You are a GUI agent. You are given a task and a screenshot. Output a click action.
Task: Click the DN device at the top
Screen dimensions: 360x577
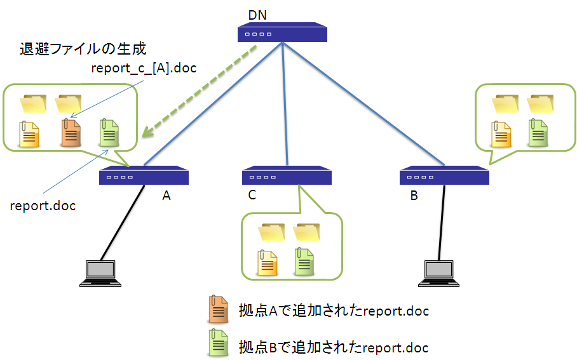point(282,34)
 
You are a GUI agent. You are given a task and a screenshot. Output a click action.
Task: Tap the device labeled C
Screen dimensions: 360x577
point(287,176)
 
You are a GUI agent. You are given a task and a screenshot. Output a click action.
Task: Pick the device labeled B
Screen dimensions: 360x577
point(444,176)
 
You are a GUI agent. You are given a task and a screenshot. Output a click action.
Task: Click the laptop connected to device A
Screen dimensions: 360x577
point(100,273)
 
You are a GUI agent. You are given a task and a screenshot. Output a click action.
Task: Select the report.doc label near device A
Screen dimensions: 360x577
point(43,206)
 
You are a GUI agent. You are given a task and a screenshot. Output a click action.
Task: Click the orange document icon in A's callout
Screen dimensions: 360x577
point(70,133)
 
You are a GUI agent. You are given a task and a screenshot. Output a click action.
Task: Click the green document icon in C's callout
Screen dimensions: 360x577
point(304,262)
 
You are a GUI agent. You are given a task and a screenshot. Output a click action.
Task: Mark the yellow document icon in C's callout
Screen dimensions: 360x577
point(268,262)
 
